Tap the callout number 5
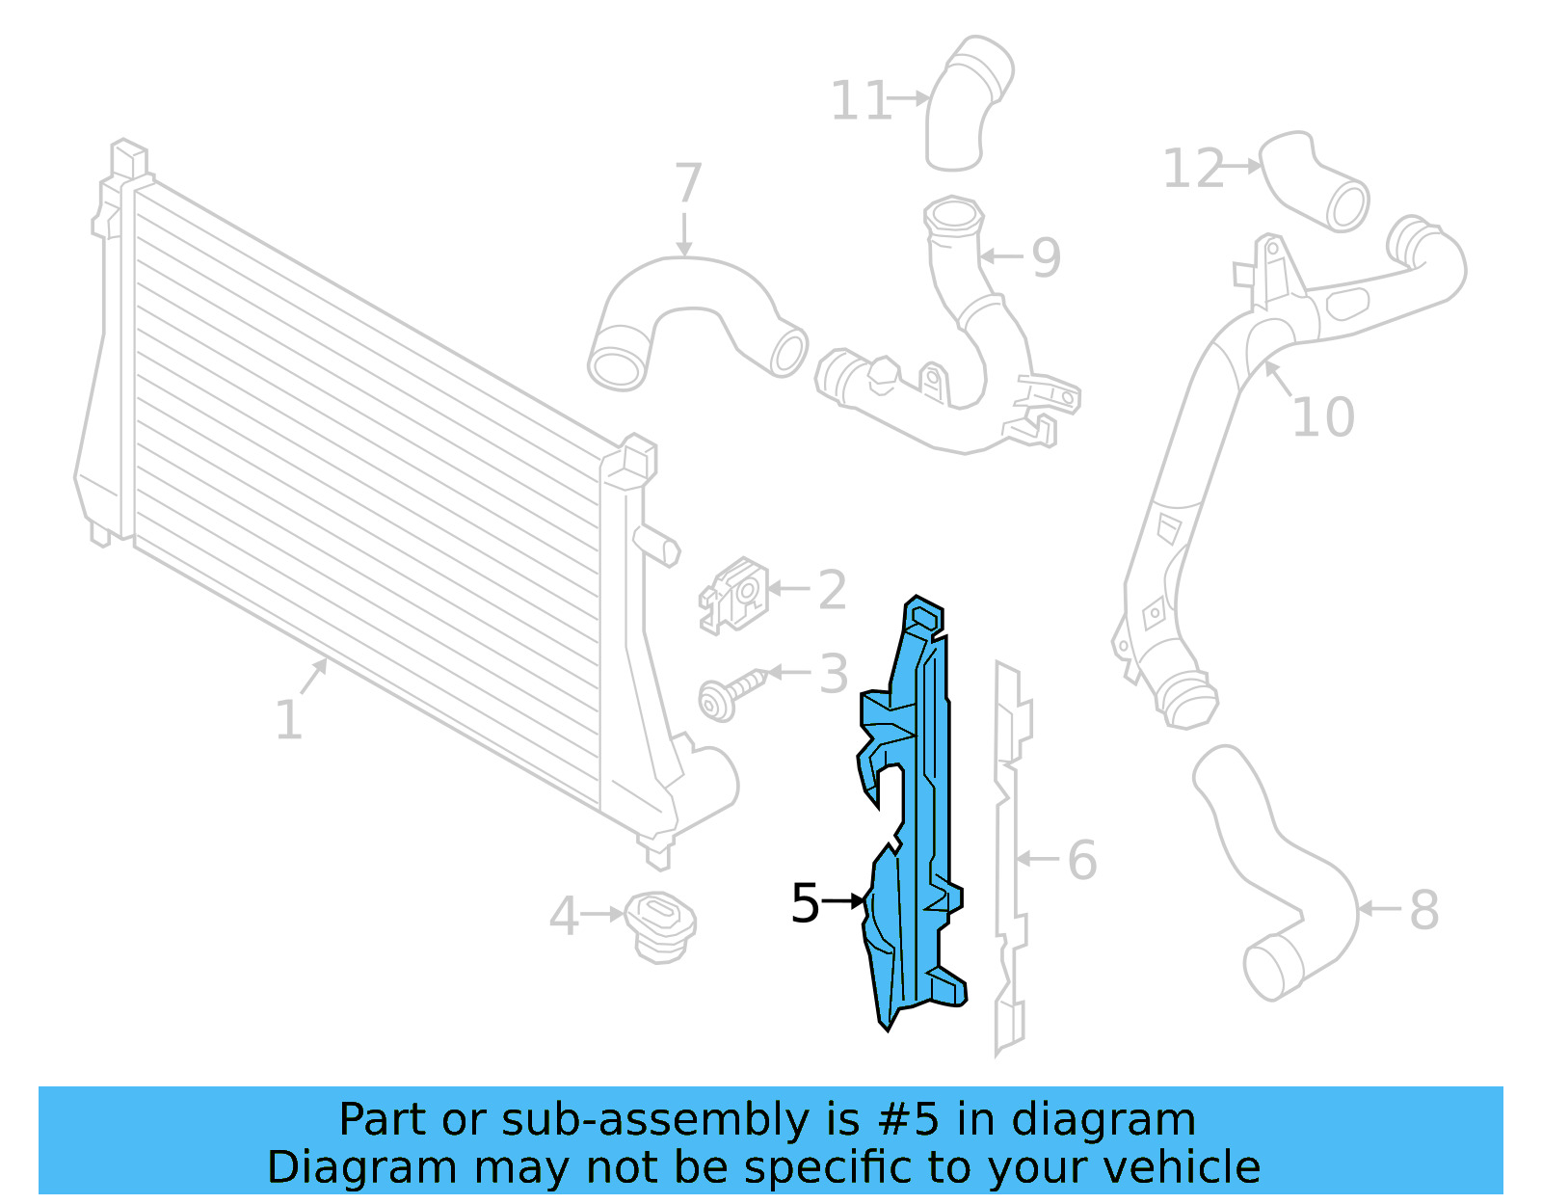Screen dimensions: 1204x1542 [x=805, y=904]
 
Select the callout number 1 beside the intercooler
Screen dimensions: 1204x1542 [x=288, y=720]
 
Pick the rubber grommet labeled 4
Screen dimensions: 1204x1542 [x=660, y=924]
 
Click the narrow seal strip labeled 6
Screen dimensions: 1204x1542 [x=1010, y=858]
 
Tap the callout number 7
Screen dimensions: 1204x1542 [x=687, y=183]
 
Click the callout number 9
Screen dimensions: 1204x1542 [x=1046, y=257]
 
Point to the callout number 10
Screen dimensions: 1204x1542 [x=1323, y=417]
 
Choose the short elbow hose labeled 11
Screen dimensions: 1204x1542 [x=966, y=106]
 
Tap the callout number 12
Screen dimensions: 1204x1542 [x=1192, y=169]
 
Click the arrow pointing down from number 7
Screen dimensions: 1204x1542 [x=684, y=235]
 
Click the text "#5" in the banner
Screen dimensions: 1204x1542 [x=910, y=1120]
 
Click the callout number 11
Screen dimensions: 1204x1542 [x=860, y=101]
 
